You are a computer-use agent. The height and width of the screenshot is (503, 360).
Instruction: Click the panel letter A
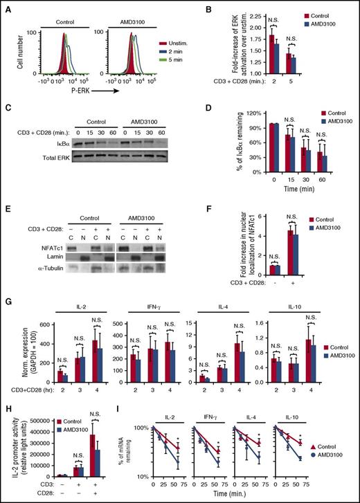pyautogui.click(x=6, y=6)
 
